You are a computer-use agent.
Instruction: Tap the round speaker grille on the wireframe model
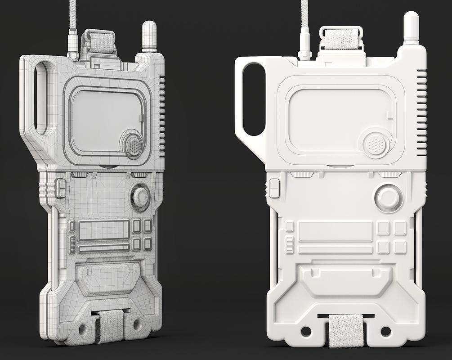[133, 144]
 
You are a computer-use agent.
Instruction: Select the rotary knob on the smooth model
[389, 198]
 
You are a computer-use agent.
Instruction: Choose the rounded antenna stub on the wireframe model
[149, 36]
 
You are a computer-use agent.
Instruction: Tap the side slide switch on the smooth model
[274, 188]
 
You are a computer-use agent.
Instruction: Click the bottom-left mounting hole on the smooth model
[306, 331]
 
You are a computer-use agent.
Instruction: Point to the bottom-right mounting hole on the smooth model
[385, 331]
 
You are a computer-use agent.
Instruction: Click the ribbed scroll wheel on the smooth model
[290, 246]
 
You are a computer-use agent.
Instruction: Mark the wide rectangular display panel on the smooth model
[335, 231]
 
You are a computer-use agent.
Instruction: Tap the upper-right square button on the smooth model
[400, 228]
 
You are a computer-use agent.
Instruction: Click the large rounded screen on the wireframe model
[107, 120]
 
